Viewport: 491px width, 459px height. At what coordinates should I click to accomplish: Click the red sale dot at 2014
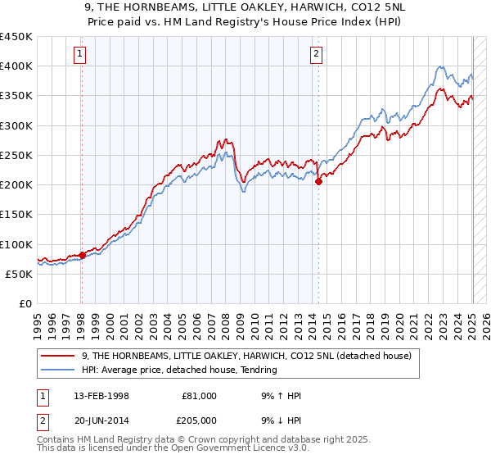click(318, 182)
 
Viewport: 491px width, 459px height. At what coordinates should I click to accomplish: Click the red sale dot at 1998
click(82, 256)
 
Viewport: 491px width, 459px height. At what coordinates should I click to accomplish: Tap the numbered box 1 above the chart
click(80, 55)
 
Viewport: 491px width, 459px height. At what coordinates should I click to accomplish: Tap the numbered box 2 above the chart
click(316, 55)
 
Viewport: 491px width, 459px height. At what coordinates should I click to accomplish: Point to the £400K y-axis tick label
click(16, 66)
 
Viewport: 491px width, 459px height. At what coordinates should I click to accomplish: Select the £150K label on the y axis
click(16, 215)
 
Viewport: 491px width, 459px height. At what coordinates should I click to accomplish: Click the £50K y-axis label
click(19, 275)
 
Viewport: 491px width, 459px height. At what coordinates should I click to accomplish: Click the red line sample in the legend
click(59, 356)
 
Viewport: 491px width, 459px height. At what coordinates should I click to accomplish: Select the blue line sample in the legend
click(59, 370)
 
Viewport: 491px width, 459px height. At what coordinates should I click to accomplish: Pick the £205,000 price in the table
click(199, 420)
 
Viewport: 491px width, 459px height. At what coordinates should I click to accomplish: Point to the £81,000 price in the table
click(199, 396)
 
